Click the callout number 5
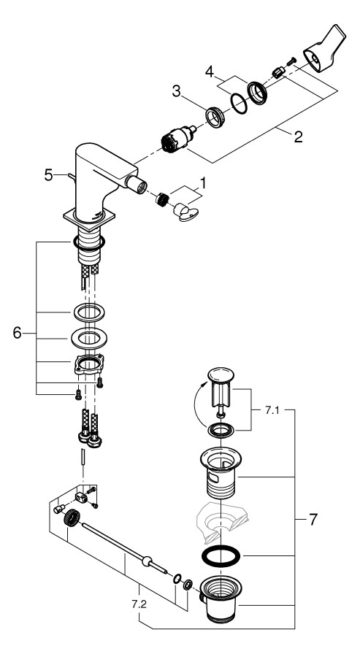pyautogui.click(x=48, y=175)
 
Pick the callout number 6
pyautogui.click(x=19, y=333)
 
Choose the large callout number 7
pyautogui.click(x=313, y=520)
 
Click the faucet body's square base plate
pyautogui.click(x=88, y=218)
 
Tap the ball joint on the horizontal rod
pyautogui.click(x=148, y=562)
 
